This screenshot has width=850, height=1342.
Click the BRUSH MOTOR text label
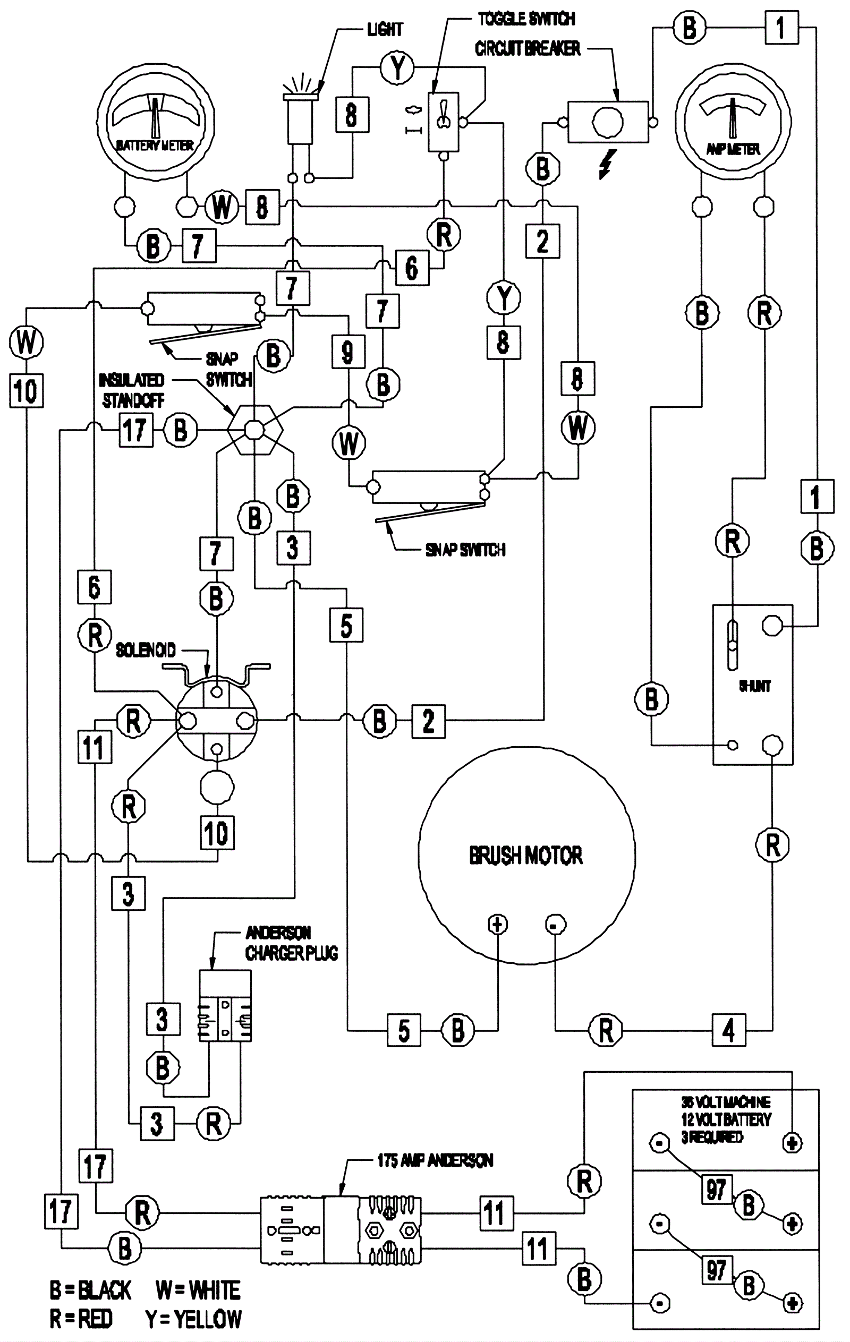525,856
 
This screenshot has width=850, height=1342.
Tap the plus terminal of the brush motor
497,925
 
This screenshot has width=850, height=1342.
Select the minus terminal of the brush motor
555,925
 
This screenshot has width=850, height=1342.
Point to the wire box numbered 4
728,1030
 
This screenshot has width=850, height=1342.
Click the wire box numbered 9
348,352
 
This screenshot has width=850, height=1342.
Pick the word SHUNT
755,686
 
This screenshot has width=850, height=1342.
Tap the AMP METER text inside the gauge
733,149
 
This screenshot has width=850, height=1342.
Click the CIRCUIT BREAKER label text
528,49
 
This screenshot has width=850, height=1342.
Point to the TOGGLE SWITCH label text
526,19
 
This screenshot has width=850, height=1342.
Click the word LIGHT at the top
385,29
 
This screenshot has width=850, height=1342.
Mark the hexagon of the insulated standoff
254,430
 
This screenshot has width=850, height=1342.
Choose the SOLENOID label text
146,650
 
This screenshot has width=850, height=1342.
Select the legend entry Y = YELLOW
193,1319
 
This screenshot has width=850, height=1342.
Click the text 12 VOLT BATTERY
726,1119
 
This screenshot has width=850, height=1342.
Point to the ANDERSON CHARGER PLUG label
291,943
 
